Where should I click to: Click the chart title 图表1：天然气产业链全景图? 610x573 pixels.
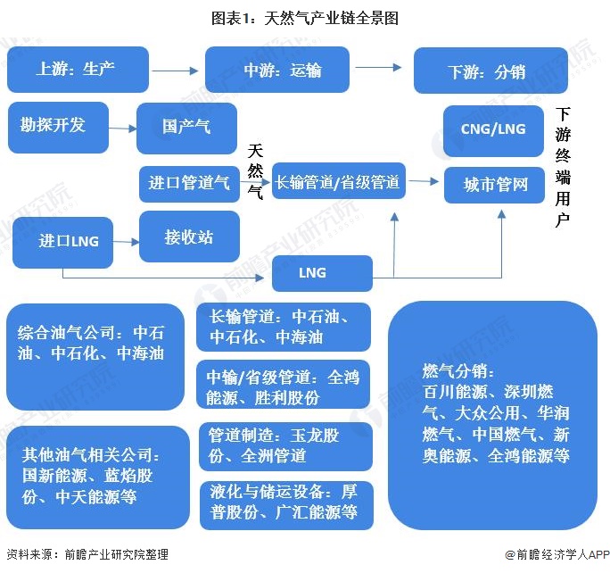coord(305,17)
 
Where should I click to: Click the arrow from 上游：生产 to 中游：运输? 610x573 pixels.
coord(175,70)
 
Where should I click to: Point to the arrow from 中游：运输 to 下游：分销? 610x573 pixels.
coord(378,68)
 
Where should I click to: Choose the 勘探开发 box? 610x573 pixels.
coord(58,126)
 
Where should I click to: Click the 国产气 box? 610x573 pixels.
coord(187,128)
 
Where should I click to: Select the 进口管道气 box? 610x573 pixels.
coord(189,183)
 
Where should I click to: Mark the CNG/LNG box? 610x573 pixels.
coord(493,130)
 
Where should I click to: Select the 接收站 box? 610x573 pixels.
coord(189,237)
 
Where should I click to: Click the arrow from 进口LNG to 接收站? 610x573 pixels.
coord(127,241)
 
